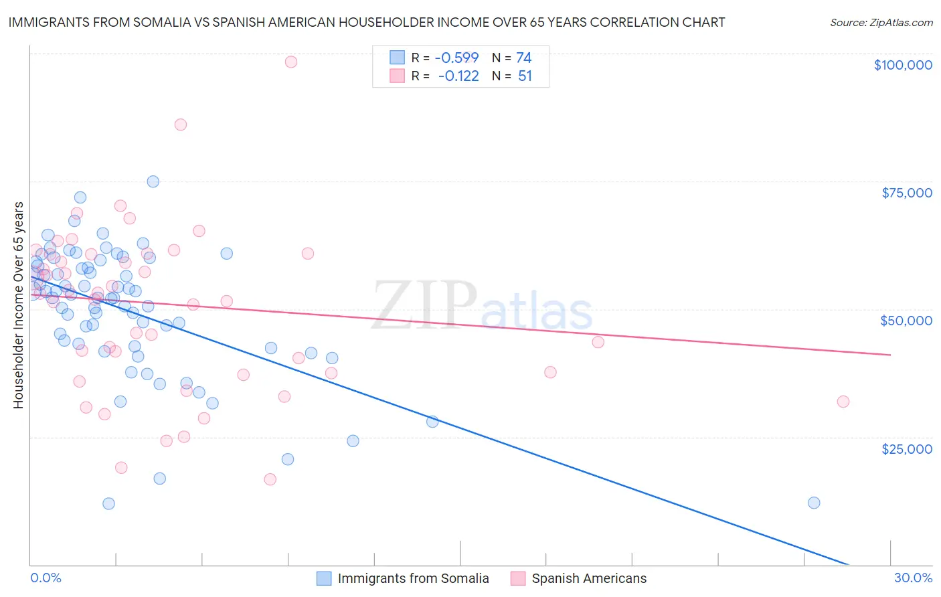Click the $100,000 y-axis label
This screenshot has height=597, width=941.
903,65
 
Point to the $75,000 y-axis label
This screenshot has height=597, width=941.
907,193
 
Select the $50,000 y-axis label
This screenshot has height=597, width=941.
906,321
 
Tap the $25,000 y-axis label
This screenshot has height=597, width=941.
907,448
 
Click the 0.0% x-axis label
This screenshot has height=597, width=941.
46,578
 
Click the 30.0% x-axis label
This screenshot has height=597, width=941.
913,578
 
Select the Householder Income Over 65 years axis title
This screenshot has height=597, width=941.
19,305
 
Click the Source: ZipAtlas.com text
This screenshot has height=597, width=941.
881,23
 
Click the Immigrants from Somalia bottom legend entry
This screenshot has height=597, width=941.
403,578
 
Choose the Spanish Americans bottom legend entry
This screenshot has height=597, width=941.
579,578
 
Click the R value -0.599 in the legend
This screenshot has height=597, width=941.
456,58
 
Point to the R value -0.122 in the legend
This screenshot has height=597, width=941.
458,76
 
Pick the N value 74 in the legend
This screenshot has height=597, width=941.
524,58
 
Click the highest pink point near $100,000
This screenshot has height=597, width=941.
290,62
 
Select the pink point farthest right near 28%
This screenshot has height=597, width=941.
843,402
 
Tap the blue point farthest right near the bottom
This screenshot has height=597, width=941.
814,503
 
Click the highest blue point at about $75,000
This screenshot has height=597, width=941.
153,181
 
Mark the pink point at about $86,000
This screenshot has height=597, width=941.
180,124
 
